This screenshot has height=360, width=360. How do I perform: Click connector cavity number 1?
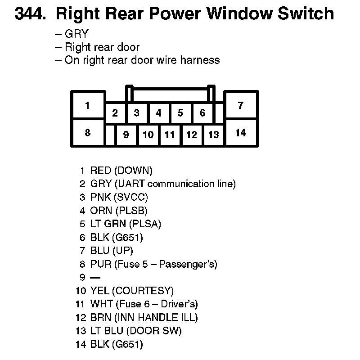[x=88, y=106]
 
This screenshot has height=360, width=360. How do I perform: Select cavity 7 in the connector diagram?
[x=241, y=106]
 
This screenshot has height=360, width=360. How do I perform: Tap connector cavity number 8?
[x=88, y=132]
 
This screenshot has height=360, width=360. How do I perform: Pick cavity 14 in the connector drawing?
[x=241, y=132]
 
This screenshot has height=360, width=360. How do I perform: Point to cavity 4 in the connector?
[x=158, y=112]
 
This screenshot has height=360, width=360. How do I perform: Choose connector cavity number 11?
[x=170, y=135]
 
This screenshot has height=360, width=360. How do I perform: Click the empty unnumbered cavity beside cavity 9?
[x=110, y=135]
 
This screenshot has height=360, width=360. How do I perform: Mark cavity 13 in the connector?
[x=213, y=135]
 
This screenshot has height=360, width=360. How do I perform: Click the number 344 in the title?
[x=30, y=14]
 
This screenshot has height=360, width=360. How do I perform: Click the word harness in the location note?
[x=198, y=60]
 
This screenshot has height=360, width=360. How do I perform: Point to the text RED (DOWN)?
[x=121, y=171]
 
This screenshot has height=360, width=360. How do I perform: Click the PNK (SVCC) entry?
[x=119, y=197]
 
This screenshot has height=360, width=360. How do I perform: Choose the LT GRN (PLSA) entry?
[x=126, y=224]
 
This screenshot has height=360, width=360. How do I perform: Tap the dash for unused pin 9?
[x=95, y=278]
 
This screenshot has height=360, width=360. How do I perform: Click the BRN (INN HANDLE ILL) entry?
[x=144, y=318]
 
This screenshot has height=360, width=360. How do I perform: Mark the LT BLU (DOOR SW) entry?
[x=136, y=331]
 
